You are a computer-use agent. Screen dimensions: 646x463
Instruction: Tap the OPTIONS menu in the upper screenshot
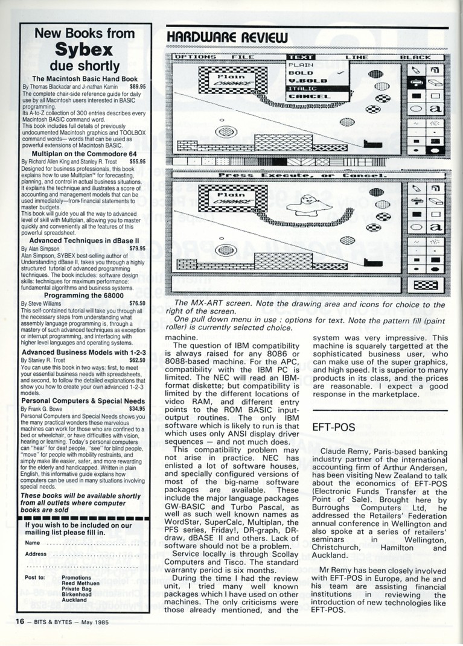(196, 57)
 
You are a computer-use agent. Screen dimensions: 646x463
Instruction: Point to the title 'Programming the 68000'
(84, 296)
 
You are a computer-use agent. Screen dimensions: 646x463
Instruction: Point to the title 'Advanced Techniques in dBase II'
(84, 240)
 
